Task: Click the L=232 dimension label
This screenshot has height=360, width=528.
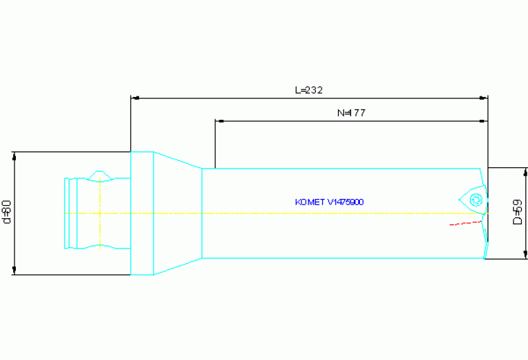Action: [x=308, y=90]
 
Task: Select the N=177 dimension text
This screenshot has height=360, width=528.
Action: [x=351, y=114]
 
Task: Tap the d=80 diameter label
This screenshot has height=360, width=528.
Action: [x=8, y=212]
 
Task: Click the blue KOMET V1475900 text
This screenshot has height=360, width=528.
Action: [x=329, y=202]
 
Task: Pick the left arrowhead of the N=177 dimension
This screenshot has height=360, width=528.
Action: [x=220, y=122]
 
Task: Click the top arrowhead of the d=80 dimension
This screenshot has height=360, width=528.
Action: [x=14, y=156]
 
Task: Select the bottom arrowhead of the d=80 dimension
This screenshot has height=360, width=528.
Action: [x=14, y=270]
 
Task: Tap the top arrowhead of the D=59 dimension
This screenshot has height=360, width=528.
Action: [x=525, y=171]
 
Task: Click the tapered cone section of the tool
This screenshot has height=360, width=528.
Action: [x=177, y=213]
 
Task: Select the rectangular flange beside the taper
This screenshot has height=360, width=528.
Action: [x=142, y=213]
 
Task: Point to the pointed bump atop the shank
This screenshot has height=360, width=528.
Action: [x=101, y=173]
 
